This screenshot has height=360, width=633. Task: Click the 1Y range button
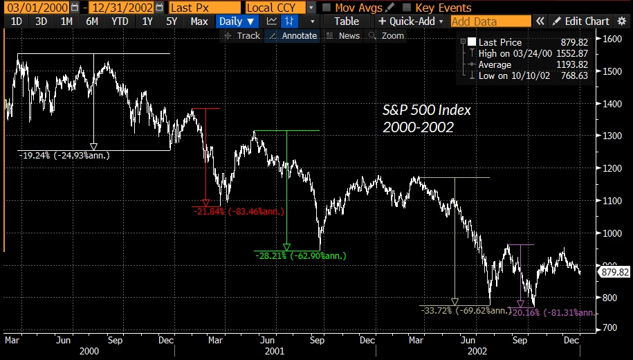pos(147,21)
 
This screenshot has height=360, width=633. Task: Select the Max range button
pos(199,21)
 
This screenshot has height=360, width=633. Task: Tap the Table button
pos(347,21)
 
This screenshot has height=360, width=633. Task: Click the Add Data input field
pos(490,21)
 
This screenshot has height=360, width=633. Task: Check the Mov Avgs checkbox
pos(327,8)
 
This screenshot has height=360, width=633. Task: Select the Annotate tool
pos(295,35)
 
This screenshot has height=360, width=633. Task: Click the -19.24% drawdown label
pos(64,155)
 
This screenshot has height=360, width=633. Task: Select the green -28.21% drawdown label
pos(300,255)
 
